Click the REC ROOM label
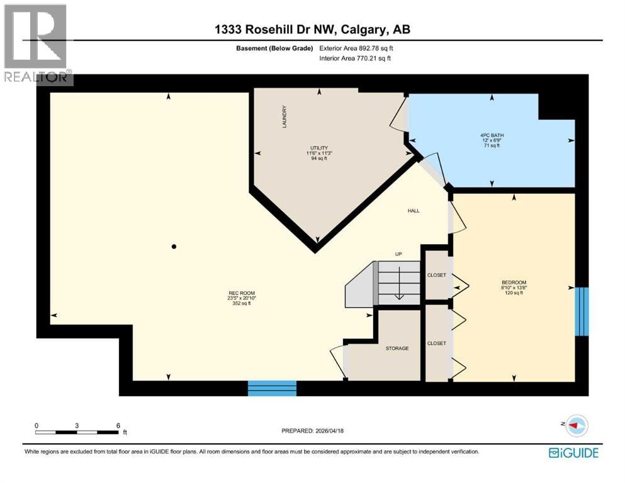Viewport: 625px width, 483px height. click(242, 293)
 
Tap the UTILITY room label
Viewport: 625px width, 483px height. click(319, 148)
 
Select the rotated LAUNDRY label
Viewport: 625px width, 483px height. click(284, 117)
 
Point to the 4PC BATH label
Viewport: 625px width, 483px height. click(492, 135)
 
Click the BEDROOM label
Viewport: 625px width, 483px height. click(514, 283)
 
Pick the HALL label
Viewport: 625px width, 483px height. click(414, 211)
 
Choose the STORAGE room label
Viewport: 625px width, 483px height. click(397, 348)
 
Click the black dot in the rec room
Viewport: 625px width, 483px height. click(174, 247)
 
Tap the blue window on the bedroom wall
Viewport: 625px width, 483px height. click(582, 311)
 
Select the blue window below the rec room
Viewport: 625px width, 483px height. click(273, 388)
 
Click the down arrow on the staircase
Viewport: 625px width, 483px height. click(399, 283)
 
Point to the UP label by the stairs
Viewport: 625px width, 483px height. click(398, 254)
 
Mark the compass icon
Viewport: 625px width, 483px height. click(577, 426)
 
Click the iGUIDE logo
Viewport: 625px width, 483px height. click(573, 453)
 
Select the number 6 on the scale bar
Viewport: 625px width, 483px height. click(118, 426)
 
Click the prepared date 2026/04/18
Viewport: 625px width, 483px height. click(330, 431)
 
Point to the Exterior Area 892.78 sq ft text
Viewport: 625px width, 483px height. click(356, 48)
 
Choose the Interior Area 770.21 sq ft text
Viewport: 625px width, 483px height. click(355, 58)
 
